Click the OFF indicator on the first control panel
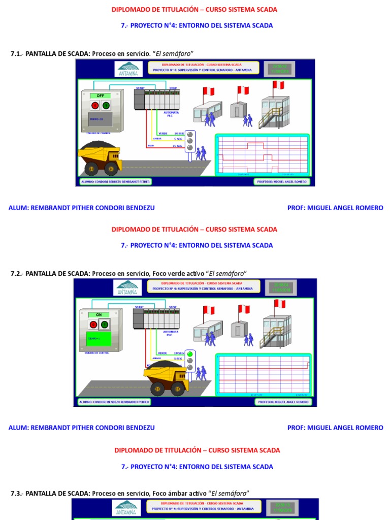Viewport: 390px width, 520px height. (100, 95)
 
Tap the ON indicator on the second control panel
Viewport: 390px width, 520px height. (99, 315)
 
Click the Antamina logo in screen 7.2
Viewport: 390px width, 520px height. (129, 287)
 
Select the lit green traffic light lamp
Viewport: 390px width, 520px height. (190, 354)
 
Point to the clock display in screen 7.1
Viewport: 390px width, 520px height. (280, 69)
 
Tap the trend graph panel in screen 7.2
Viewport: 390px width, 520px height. (263, 375)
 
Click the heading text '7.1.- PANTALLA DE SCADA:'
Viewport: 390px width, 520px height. (50, 54)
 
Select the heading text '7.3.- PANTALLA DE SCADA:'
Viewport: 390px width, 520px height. (50, 493)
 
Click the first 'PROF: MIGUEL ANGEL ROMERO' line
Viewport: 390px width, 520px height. (335, 208)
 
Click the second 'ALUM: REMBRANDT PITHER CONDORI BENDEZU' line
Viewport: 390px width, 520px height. (82, 428)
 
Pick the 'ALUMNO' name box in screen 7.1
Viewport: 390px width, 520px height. (115, 181)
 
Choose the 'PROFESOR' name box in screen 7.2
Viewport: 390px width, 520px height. (282, 402)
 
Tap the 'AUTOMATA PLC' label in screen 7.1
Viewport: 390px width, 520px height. (170, 114)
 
